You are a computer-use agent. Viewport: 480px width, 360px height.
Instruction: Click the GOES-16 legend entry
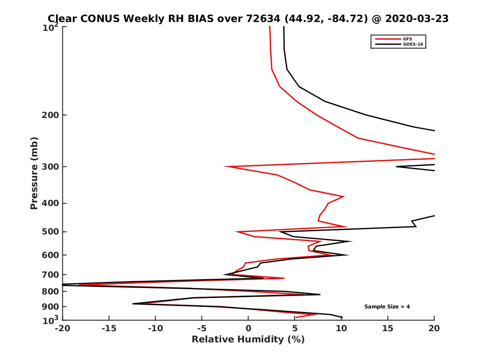tap(412, 44)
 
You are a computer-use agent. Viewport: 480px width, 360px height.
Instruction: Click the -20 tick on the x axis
tap(62, 329)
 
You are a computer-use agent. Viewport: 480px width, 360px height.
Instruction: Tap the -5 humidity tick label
tap(202, 329)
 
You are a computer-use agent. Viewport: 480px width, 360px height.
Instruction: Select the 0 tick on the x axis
tap(248, 329)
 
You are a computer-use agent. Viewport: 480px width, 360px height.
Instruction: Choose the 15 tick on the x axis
tap(388, 329)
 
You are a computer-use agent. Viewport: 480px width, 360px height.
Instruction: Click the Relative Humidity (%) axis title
tap(248, 340)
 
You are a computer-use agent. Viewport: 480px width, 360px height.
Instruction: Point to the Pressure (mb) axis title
tap(34, 173)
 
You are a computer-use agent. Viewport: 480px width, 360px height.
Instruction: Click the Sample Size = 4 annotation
tap(387, 307)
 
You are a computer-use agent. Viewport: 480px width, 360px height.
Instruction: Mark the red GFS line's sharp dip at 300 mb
tap(226, 166)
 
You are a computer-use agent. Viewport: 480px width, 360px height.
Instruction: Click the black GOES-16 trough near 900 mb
tap(133, 304)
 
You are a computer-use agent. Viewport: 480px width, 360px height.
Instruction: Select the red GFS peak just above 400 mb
tap(344, 196)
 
